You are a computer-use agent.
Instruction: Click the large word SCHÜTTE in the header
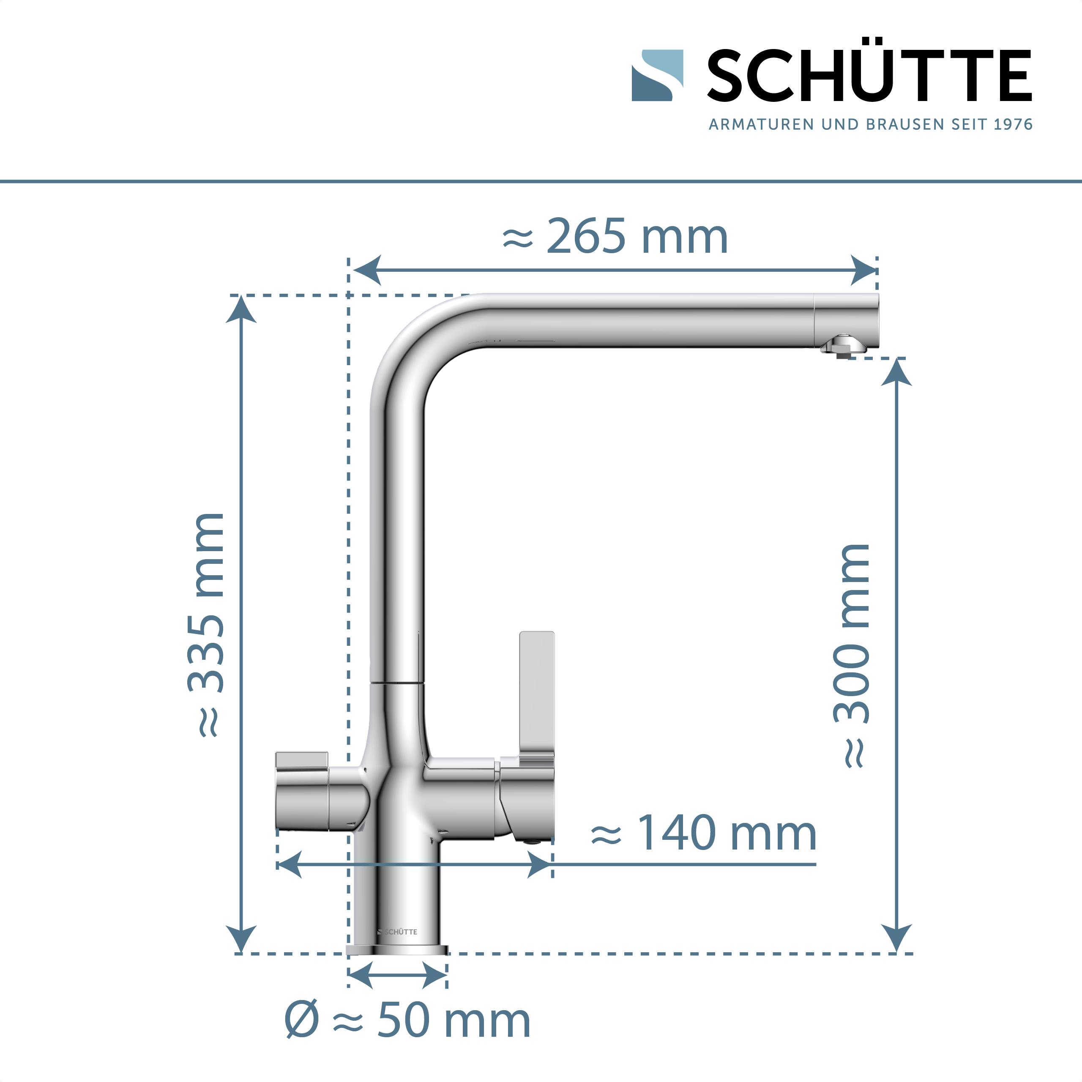(x=869, y=76)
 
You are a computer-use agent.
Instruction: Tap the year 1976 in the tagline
(x=1013, y=124)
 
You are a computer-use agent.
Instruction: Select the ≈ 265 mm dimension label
(x=615, y=237)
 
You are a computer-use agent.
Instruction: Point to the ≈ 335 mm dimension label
(x=206, y=624)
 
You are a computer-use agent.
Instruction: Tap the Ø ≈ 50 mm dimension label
(x=407, y=1020)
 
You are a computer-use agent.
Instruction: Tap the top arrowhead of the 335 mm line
(x=241, y=310)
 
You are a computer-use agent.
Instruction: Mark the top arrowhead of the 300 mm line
(x=896, y=372)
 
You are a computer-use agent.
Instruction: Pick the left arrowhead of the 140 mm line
(x=290, y=864)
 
